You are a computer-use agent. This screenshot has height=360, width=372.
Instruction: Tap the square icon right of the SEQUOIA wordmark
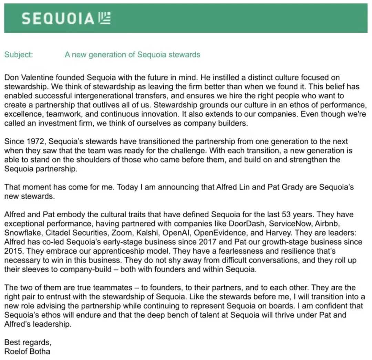pyautogui.click(x=104, y=18)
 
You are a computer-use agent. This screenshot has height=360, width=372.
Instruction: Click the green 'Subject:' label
pyautogui.click(x=19, y=55)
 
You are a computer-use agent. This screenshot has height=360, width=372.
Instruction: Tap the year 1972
pyautogui.click(x=33, y=141)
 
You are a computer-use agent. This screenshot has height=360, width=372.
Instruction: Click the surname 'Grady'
pyautogui.click(x=305, y=187)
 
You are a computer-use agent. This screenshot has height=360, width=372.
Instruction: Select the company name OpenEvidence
pyautogui.click(x=215, y=233)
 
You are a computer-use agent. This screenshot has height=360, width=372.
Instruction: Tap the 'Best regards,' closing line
pyautogui.click(x=28, y=342)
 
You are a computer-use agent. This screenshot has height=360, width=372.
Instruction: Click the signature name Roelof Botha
pyautogui.click(x=27, y=351)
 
